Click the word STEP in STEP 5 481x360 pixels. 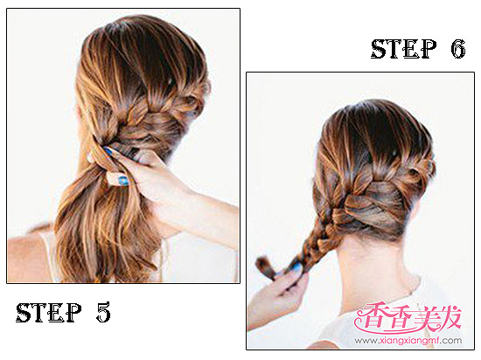tap(48, 313)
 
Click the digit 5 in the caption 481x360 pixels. tap(103, 313)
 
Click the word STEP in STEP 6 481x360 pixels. tap(403, 49)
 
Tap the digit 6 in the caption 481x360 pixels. tap(458, 49)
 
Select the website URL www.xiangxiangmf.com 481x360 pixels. tap(408, 341)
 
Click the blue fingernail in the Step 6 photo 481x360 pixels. tap(296, 267)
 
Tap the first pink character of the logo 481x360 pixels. tap(367, 318)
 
